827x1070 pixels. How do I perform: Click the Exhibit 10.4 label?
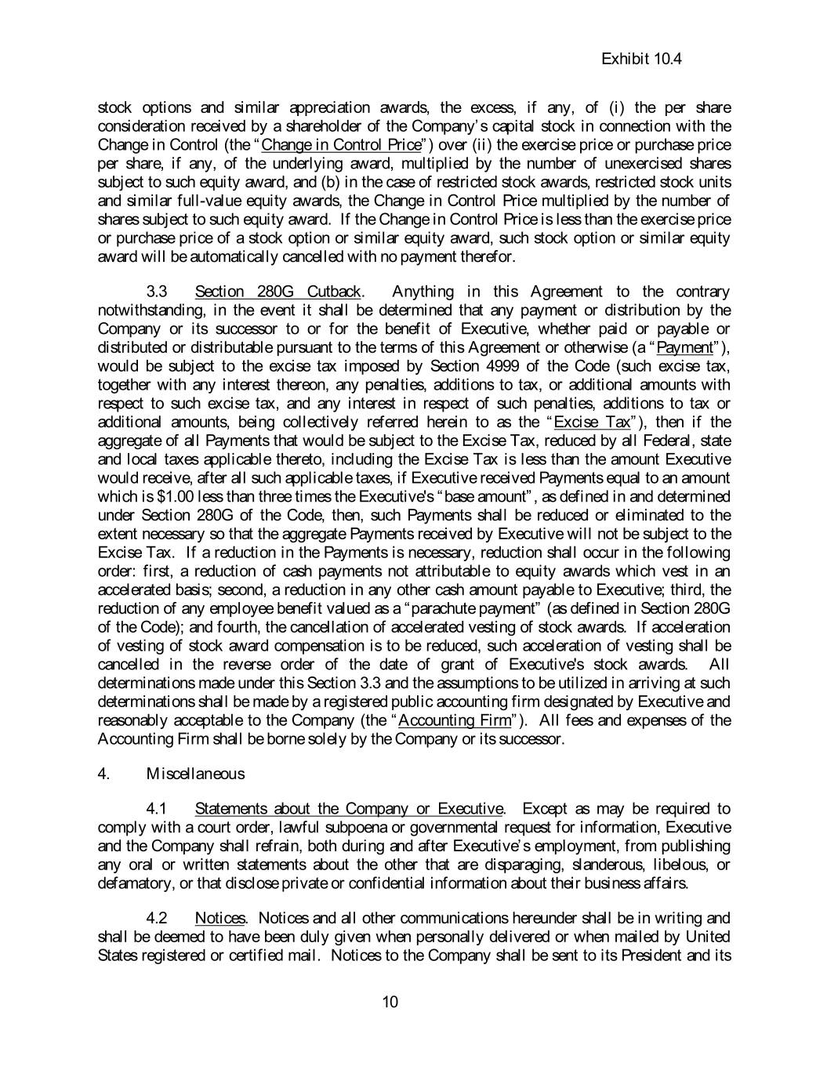[640, 59]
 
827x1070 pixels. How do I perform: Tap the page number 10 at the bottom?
[390, 1001]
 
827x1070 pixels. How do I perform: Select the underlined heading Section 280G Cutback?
[277, 292]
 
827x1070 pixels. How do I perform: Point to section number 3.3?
[157, 292]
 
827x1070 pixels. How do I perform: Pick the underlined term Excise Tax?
[591, 422]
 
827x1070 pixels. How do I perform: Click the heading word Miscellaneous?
[195, 774]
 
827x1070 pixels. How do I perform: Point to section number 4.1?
[157, 808]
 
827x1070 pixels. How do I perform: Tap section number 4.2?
[157, 918]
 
